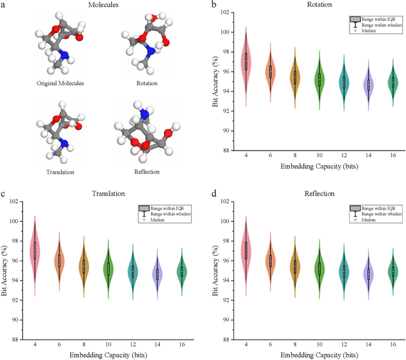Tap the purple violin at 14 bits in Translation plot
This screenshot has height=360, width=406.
(157, 274)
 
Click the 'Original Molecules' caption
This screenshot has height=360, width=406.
(60, 83)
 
